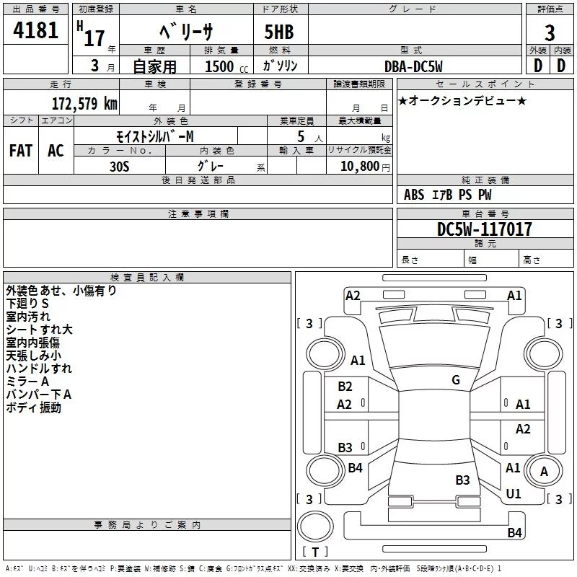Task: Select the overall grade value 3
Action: tap(550, 33)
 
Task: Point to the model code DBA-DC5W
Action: tap(414, 66)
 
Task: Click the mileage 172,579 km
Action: tap(84, 103)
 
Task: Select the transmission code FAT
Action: tap(21, 151)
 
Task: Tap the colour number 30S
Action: tap(120, 166)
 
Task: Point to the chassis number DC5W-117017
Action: tap(485, 230)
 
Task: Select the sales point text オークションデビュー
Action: tap(462, 100)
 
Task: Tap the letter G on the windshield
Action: tap(456, 380)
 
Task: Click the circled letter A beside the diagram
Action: tap(545, 472)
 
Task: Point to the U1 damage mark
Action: tap(514, 494)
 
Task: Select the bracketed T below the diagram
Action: tap(315, 552)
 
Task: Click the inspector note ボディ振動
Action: tap(34, 408)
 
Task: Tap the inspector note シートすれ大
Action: tap(39, 330)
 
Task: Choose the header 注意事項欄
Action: tap(198, 214)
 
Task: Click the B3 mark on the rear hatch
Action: tap(462, 480)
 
